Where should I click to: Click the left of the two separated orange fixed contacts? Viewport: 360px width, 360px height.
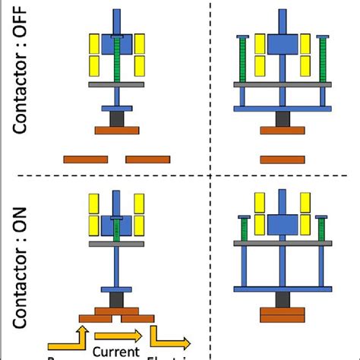coord(85,159)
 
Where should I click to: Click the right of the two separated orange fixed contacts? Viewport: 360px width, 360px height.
coord(147,159)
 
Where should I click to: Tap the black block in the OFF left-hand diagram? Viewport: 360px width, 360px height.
coord(117,119)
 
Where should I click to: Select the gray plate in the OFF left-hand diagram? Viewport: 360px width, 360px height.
coord(117,84)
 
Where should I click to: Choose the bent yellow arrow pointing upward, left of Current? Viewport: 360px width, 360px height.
coord(68,339)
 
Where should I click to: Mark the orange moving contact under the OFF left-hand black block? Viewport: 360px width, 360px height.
coord(117,131)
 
